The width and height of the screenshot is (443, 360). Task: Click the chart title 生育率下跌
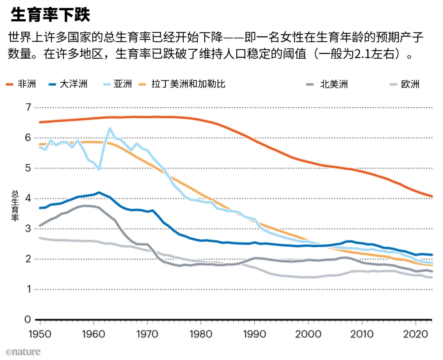(x=50, y=15)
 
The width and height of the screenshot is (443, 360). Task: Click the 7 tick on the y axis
(x=28, y=108)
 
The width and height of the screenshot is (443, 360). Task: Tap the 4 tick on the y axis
(x=28, y=198)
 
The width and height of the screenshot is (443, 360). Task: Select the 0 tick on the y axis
(x=28, y=319)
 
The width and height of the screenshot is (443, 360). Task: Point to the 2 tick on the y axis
(x=28, y=259)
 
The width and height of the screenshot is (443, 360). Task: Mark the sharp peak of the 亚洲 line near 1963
(x=110, y=128)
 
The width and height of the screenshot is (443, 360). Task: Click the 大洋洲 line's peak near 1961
(x=99, y=192)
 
